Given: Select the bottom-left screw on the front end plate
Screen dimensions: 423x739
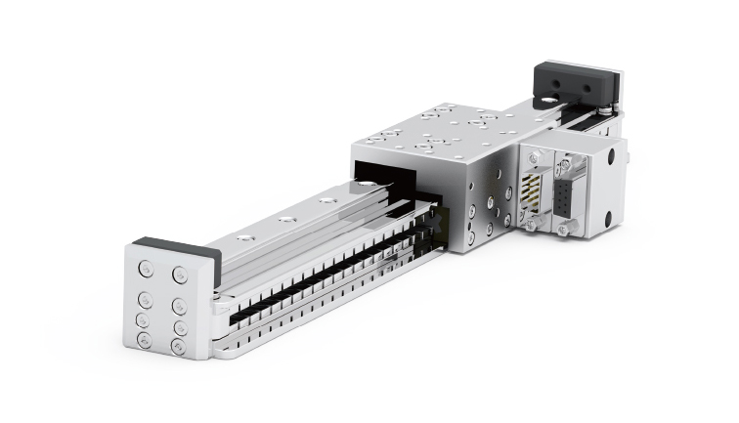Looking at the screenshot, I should pyautogui.click(x=145, y=339).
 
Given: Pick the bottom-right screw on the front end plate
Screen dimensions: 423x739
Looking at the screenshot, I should pyautogui.click(x=179, y=346).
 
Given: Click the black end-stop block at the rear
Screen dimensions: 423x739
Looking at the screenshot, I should pyautogui.click(x=578, y=82).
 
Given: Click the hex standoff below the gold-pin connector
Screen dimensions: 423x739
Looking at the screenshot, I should pyautogui.click(x=536, y=224).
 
